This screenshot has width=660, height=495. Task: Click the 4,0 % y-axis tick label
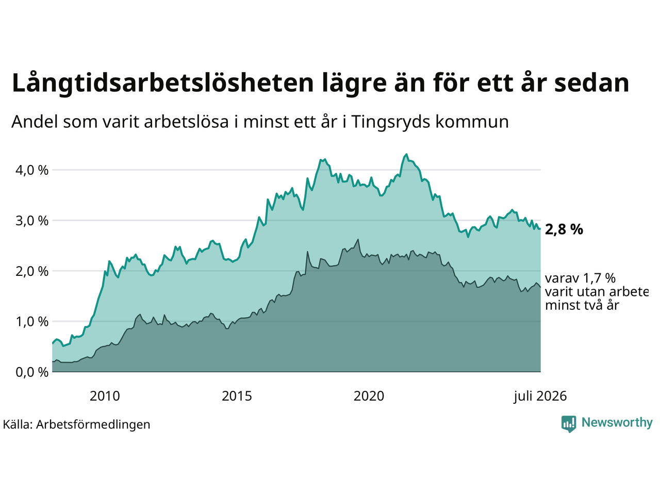(x=32, y=170)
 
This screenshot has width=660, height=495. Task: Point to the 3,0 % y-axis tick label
(x=32, y=221)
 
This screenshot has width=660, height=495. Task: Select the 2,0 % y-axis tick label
(x=32, y=271)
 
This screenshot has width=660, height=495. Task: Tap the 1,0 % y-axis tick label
(x=32, y=322)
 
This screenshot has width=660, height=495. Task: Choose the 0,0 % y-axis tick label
(x=32, y=372)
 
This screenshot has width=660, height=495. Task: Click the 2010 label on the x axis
(x=105, y=396)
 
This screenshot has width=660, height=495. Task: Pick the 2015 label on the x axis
(x=237, y=396)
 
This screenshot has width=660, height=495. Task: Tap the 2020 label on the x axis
(x=369, y=396)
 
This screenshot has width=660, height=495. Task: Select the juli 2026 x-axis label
(x=540, y=396)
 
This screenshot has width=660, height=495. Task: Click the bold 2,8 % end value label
(x=564, y=230)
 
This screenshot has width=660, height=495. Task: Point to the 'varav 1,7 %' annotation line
(x=580, y=278)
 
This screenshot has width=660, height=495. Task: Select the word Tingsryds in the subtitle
(x=391, y=122)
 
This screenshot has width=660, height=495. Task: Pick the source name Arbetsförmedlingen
(x=93, y=425)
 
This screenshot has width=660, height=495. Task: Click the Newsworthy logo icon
(x=569, y=424)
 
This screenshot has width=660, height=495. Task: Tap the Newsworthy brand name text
(x=617, y=423)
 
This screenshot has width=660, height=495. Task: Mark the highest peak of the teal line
(x=406, y=154)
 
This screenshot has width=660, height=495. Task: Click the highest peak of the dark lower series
(x=358, y=240)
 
